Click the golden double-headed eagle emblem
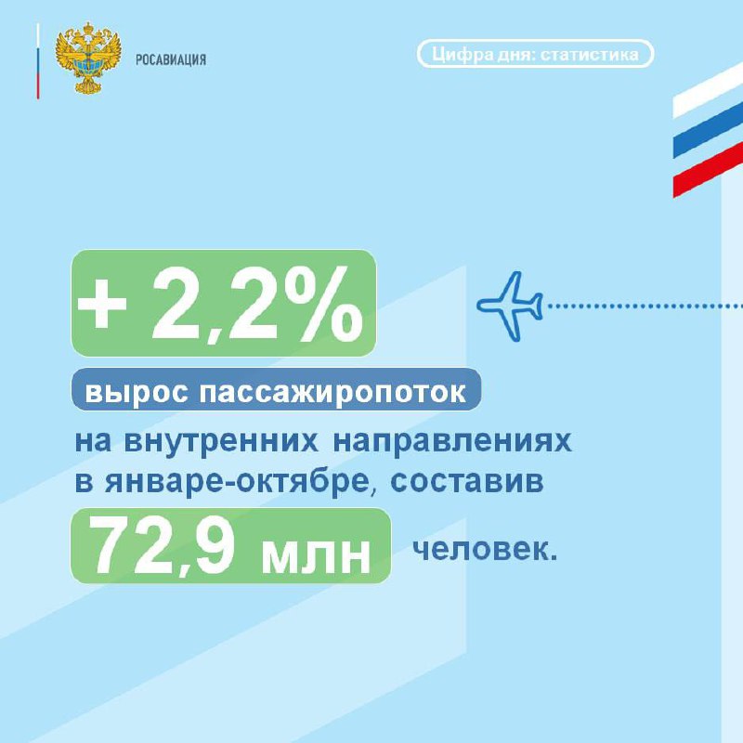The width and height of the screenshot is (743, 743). click(x=88, y=58)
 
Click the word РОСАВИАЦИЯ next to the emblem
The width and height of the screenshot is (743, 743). click(x=171, y=60)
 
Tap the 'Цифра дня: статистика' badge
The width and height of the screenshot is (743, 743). click(x=536, y=54)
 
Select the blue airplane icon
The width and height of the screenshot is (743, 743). click(x=510, y=306)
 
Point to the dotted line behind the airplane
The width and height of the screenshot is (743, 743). click(x=645, y=306)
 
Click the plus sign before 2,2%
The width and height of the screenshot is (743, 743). click(x=102, y=305)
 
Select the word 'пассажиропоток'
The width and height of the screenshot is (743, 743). click(x=332, y=393)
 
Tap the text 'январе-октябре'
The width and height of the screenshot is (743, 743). click(x=237, y=482)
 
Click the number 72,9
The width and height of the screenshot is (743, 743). click(x=163, y=545)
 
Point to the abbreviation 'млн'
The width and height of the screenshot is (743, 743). click(x=316, y=554)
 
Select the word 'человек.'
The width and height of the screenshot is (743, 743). click(x=485, y=550)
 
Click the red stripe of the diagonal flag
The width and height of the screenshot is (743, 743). click(x=708, y=169)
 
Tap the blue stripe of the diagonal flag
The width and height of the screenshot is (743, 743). click(x=708, y=129)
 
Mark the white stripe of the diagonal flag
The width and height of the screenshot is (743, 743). click(x=708, y=90)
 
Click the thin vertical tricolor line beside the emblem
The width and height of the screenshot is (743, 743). click(x=38, y=61)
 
